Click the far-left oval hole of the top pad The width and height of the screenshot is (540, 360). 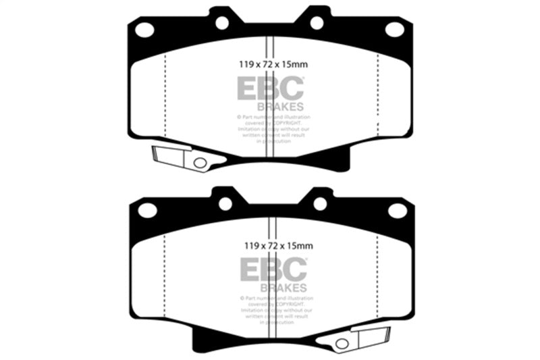tap(144, 29)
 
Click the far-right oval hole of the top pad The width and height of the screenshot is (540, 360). tap(394, 29)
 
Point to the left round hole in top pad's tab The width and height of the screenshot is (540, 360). tap(222, 22)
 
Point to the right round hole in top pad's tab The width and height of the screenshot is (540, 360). tap(317, 22)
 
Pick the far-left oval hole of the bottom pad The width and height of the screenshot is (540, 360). tap(147, 210)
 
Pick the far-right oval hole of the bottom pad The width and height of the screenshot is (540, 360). tap(397, 210)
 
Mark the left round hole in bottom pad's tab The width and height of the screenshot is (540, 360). tap(225, 203)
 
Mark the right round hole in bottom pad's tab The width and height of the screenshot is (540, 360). tap(320, 203)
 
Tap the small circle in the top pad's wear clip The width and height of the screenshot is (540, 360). tap(199, 163)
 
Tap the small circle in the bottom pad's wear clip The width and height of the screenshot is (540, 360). tap(342, 343)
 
